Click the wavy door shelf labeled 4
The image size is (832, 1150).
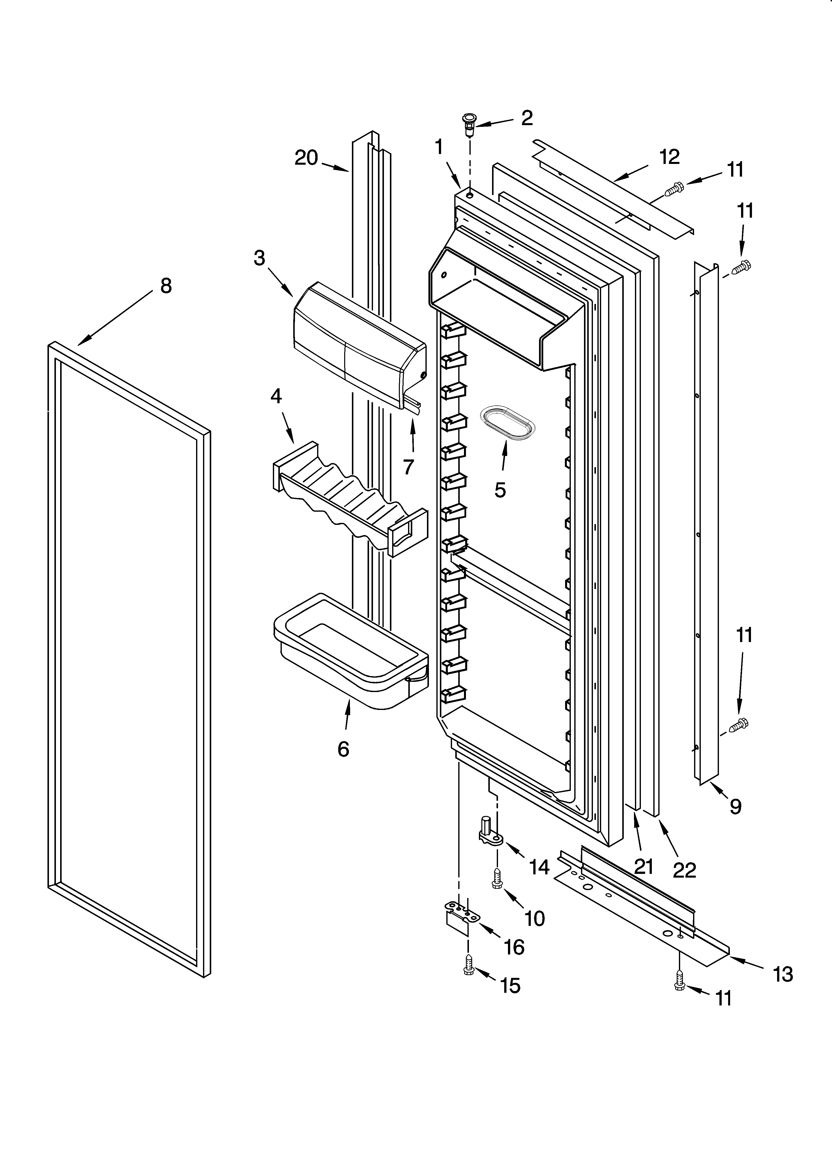point(350,500)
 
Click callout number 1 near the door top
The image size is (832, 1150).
point(439,148)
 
